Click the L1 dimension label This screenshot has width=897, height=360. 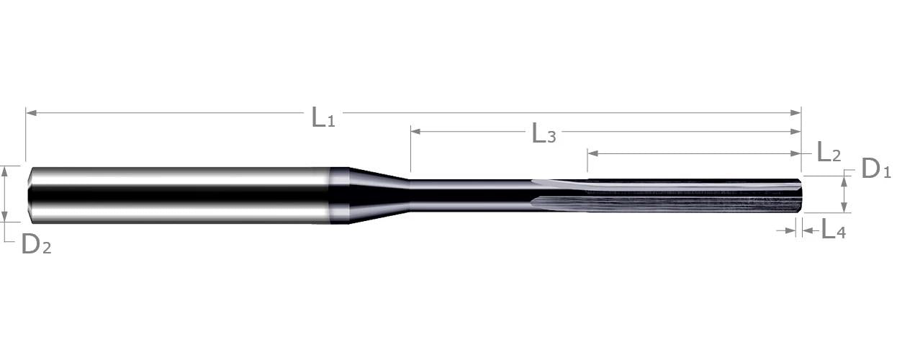coord(323,117)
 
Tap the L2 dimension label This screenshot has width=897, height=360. coord(829,151)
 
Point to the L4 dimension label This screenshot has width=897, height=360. coord(834,230)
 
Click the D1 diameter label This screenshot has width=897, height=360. coord(876,168)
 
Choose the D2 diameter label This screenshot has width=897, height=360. coord(36,244)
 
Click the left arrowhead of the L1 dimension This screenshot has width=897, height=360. coord(31,113)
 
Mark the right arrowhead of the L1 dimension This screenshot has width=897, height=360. coord(795,113)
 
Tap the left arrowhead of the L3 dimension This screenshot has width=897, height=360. coord(416,131)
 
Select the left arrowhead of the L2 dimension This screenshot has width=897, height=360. coord(593,153)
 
